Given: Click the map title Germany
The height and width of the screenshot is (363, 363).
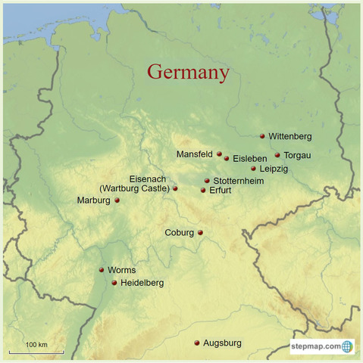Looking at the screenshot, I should (x=188, y=73).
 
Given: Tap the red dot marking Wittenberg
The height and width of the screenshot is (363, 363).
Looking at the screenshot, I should (x=262, y=136).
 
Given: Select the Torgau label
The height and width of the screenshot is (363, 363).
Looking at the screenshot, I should (x=297, y=155).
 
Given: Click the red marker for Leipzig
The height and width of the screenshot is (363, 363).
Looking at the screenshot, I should (x=253, y=169).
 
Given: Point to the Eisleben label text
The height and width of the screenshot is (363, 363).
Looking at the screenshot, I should (x=249, y=159).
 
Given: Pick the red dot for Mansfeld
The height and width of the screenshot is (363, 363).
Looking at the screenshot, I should (x=220, y=154).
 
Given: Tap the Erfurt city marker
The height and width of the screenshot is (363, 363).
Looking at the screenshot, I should (x=203, y=190).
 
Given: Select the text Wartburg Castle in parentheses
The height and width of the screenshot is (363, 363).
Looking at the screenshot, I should (x=135, y=188).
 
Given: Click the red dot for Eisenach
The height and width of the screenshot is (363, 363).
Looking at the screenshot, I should (x=175, y=188).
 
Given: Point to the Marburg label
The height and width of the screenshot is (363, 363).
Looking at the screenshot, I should (x=93, y=200).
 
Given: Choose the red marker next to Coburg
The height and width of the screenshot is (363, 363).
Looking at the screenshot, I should (x=201, y=233).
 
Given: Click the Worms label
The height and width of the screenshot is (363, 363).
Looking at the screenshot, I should (x=122, y=270).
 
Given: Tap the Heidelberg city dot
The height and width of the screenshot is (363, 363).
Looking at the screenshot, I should (x=114, y=283).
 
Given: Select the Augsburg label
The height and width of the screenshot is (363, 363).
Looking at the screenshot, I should (x=223, y=343).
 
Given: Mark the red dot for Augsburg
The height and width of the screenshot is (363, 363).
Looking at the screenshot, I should (x=197, y=343).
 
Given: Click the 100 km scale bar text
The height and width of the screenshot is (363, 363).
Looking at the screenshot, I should (x=36, y=345).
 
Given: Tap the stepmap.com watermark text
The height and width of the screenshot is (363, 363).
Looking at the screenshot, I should (x=316, y=346).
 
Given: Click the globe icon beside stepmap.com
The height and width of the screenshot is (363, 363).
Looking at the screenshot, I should (x=347, y=346).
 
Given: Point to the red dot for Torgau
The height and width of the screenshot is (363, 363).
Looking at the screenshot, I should (x=277, y=155).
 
